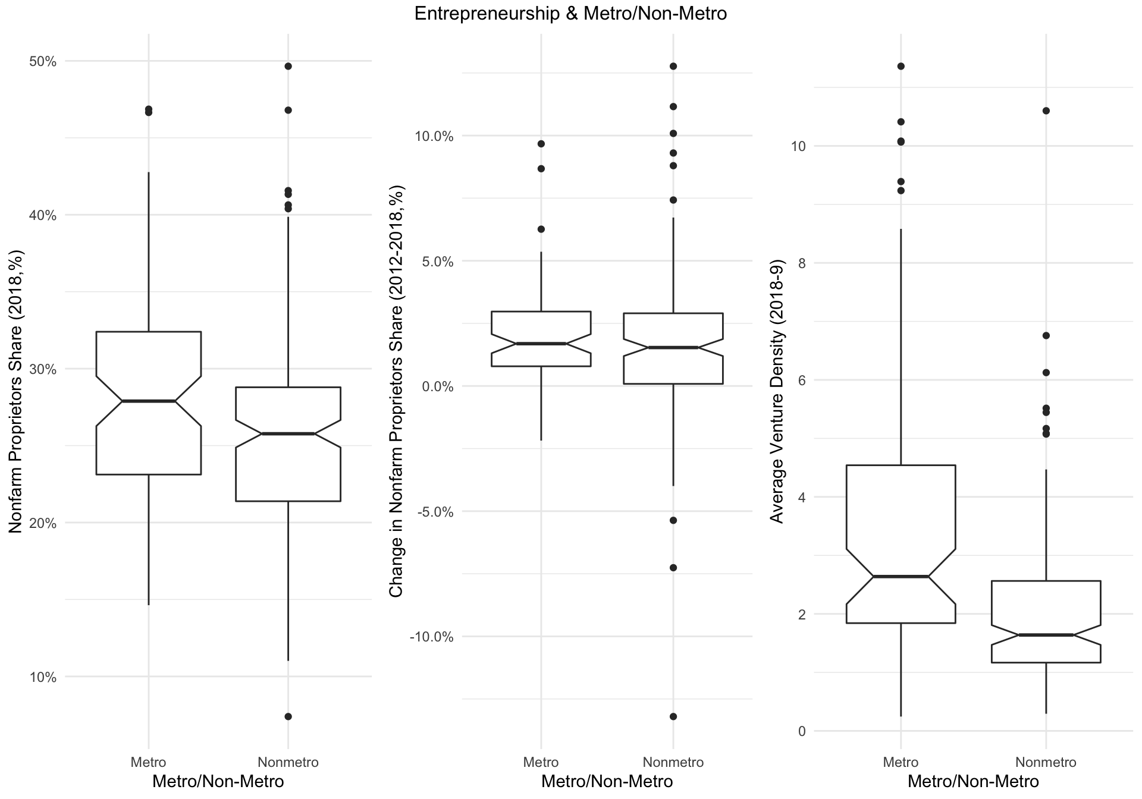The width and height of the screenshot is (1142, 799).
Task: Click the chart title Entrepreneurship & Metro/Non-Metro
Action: click(570, 14)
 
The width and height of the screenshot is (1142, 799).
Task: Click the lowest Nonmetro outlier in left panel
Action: click(288, 716)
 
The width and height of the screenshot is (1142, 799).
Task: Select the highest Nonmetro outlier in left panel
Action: click(288, 66)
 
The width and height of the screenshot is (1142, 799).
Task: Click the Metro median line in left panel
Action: click(148, 401)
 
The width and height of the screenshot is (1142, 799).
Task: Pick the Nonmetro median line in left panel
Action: click(288, 434)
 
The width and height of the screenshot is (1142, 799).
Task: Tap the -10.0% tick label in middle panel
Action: click(432, 637)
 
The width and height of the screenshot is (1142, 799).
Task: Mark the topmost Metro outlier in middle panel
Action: click(541, 144)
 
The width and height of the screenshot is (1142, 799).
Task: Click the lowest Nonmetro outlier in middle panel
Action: click(673, 716)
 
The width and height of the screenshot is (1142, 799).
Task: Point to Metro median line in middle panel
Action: click(541, 344)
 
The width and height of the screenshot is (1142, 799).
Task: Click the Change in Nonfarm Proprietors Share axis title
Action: click(397, 392)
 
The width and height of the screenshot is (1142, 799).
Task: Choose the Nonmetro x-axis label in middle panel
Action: click(673, 762)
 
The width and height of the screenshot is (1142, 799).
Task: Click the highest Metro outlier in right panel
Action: click(901, 66)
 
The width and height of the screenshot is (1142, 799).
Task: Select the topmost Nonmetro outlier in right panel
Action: click(1046, 111)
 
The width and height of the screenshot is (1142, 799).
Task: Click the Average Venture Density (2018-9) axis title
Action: click(777, 392)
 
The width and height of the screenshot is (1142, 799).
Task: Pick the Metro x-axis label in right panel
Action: click(901, 762)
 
